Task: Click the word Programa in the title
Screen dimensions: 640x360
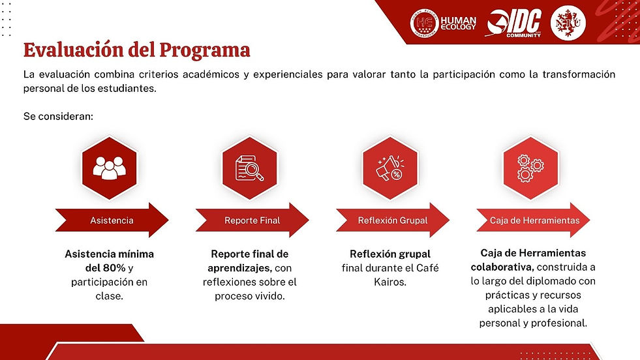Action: point(204,51)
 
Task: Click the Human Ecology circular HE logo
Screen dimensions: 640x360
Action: point(424,23)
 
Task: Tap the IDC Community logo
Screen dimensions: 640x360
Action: point(514,23)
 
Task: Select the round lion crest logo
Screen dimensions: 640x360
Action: point(568,23)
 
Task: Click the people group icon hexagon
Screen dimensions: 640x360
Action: point(110,168)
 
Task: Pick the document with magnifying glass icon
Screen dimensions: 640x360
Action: point(250,168)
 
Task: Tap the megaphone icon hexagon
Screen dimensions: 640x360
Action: point(390,168)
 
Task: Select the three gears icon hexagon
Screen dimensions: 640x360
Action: point(530,168)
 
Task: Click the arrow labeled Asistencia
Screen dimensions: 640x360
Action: point(112,220)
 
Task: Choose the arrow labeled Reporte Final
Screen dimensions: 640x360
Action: point(252,220)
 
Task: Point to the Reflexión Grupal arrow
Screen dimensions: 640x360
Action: point(393,220)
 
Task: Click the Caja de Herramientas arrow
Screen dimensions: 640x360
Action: point(533,220)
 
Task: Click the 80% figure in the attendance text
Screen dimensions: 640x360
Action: point(114,268)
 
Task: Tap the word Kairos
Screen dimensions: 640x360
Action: point(389,282)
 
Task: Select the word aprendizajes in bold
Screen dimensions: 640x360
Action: point(239,269)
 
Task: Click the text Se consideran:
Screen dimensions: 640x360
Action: point(58,116)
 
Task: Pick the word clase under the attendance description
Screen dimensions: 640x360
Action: point(109,296)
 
